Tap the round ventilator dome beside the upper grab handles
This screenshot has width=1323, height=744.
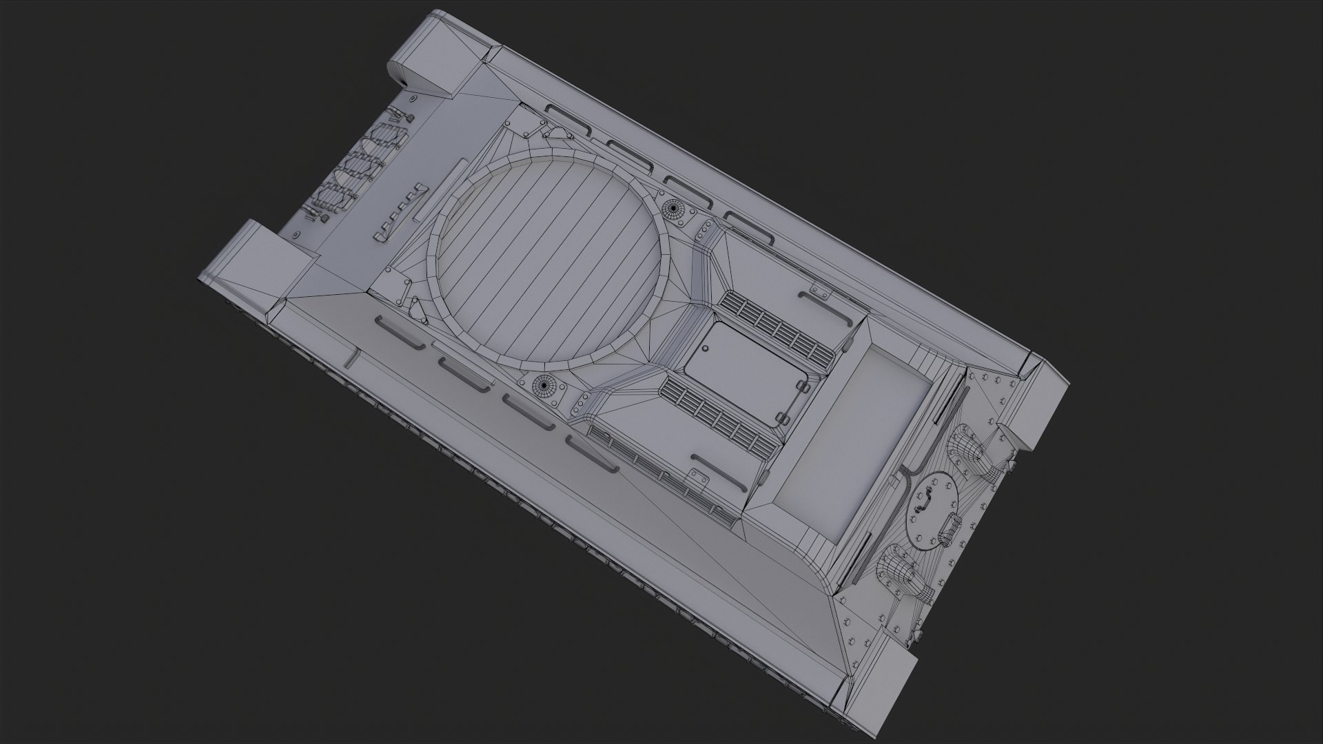click(671, 208)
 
